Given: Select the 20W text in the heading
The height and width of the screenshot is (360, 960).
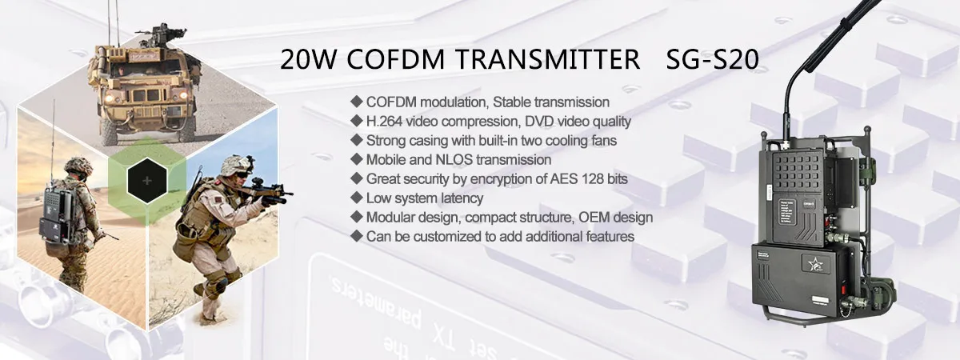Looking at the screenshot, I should pyautogui.click(x=303, y=62).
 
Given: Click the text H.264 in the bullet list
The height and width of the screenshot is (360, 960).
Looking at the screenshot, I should pyautogui.click(x=384, y=122).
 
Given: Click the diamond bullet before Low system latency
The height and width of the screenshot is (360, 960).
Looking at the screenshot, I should pyautogui.click(x=356, y=198).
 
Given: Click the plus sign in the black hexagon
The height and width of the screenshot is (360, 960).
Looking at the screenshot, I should pyautogui.click(x=146, y=181).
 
